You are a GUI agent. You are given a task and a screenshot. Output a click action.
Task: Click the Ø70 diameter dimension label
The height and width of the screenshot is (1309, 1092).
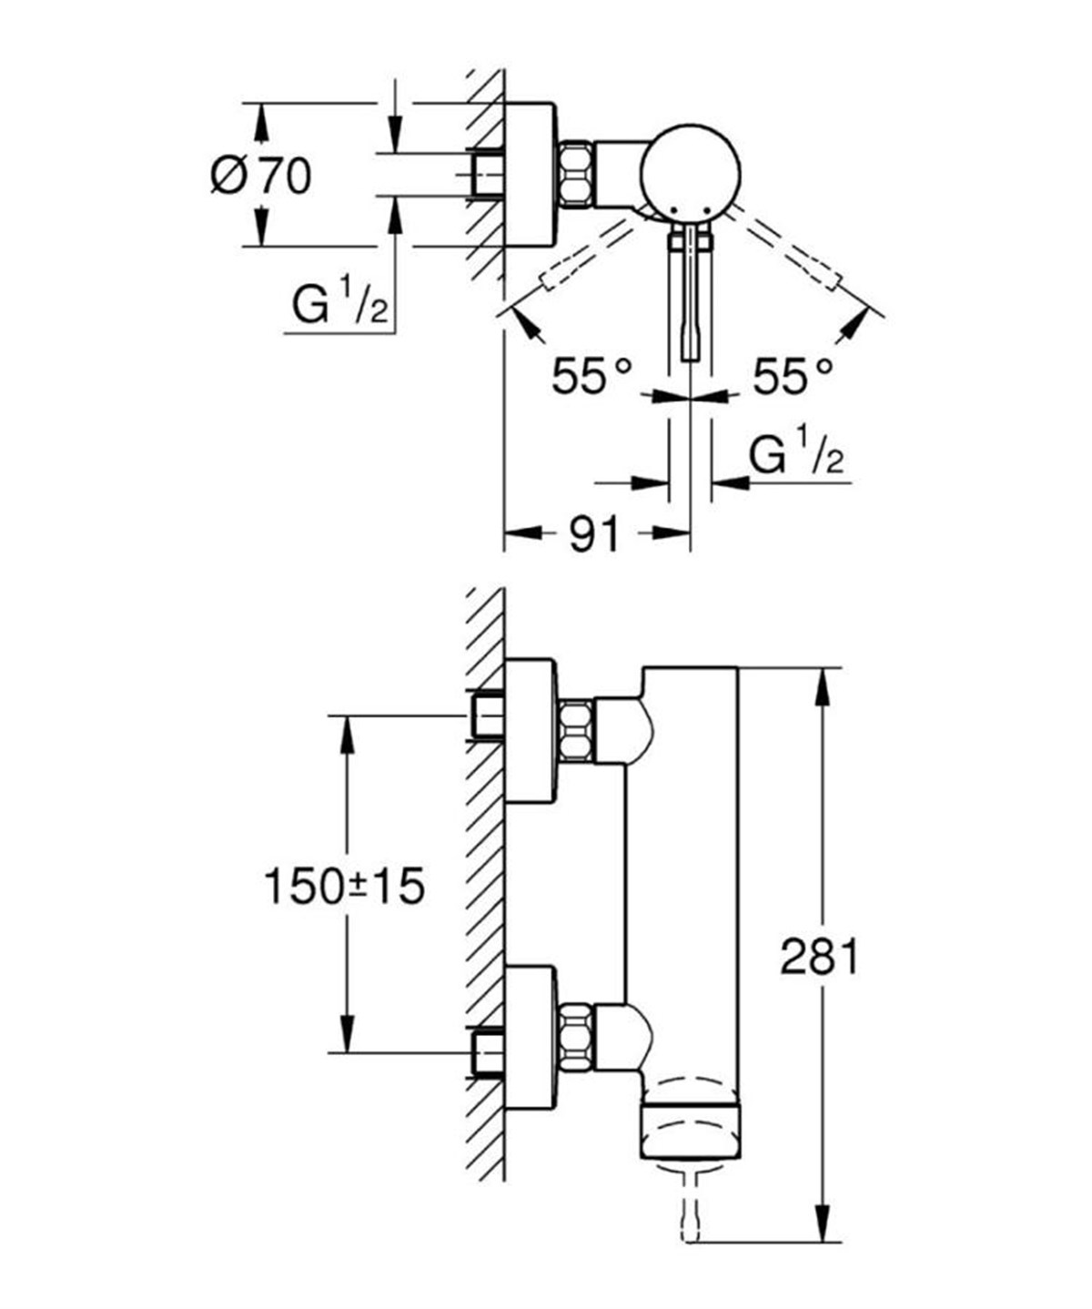click(x=260, y=175)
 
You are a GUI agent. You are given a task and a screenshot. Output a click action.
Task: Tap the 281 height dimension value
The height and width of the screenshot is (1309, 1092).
click(x=819, y=957)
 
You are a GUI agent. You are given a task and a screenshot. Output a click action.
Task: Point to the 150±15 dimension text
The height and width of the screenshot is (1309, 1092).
click(x=344, y=885)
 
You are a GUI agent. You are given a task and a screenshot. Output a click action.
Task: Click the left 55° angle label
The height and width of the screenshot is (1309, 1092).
click(x=591, y=375)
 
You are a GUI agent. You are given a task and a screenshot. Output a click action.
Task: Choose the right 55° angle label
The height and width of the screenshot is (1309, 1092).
click(x=792, y=375)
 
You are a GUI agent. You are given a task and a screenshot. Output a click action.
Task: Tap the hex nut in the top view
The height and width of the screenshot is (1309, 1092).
click(x=575, y=172)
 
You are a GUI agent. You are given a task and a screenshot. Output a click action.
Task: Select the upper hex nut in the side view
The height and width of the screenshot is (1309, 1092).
click(x=575, y=732)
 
